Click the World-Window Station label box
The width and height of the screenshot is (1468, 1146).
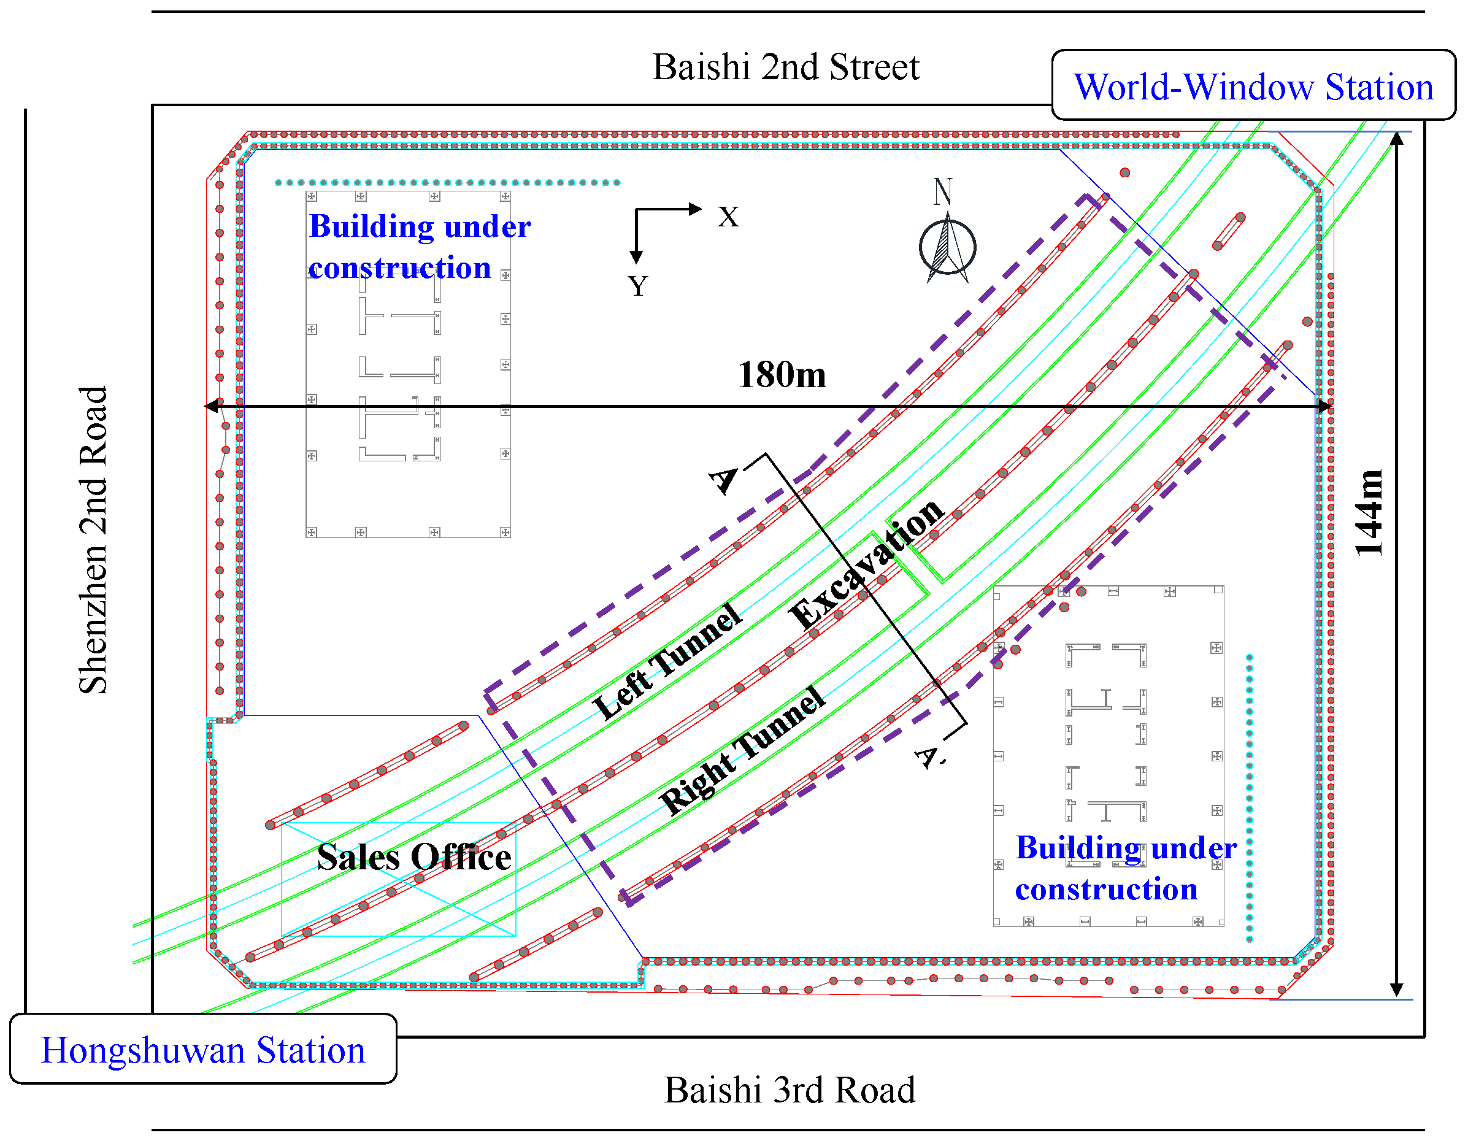1253,86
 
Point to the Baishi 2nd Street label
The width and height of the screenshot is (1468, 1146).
785,67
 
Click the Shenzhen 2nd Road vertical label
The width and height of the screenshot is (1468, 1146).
93,540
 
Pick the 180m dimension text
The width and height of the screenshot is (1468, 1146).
782,374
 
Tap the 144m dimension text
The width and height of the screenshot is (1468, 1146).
1369,512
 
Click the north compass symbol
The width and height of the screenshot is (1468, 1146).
947,245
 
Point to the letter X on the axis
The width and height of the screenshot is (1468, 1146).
728,217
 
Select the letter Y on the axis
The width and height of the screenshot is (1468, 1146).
638,286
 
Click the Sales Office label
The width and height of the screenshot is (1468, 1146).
413,857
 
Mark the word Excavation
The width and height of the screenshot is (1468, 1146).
867,564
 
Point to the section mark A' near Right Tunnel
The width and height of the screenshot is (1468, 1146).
929,758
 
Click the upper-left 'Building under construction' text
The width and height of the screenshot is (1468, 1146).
420,247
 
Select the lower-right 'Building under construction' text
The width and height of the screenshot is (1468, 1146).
1125,869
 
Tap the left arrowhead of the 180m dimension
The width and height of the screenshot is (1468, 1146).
211,406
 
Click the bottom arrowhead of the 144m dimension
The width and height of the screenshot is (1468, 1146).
1396,990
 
